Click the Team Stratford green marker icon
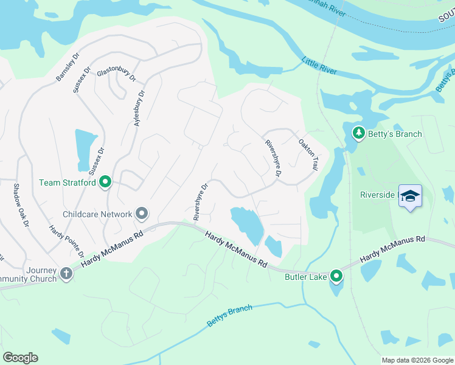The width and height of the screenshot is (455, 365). click(105, 182)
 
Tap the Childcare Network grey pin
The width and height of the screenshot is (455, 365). click(142, 214)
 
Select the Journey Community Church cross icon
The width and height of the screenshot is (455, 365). click(66, 274)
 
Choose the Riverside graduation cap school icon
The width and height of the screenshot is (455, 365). click(411, 196)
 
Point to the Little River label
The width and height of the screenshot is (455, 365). click(319, 66)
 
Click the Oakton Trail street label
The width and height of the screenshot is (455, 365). click(308, 154)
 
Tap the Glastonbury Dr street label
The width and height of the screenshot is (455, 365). click(116, 74)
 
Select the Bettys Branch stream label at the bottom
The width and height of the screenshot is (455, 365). click(229, 316)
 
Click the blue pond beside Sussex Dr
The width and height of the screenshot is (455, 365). click(82, 150)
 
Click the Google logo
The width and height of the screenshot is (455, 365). click(20, 358)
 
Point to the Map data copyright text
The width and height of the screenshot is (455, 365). click(417, 360)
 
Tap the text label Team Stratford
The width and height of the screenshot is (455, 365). click(67, 182)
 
